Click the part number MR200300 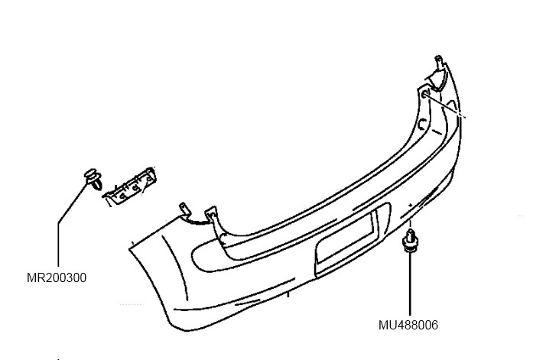(57, 278)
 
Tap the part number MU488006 (408, 324)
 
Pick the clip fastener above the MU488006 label (411, 240)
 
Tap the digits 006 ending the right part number (427, 324)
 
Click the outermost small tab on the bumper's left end (184, 209)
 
